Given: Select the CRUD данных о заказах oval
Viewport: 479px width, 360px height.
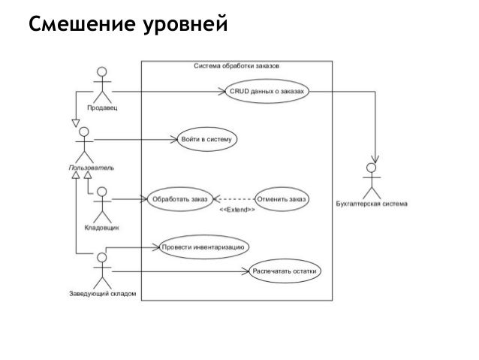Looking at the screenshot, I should click(268, 91).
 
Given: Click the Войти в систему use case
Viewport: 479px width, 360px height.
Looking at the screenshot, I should click(207, 139).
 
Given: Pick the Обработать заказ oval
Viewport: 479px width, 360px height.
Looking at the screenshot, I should click(179, 199).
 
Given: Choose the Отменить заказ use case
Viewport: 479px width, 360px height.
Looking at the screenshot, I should click(282, 199).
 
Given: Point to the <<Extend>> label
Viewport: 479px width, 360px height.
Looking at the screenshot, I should click(236, 210).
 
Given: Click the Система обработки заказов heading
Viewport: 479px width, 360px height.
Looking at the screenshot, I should click(236, 66).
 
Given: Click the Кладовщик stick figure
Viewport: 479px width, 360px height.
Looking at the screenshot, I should click(102, 201).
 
